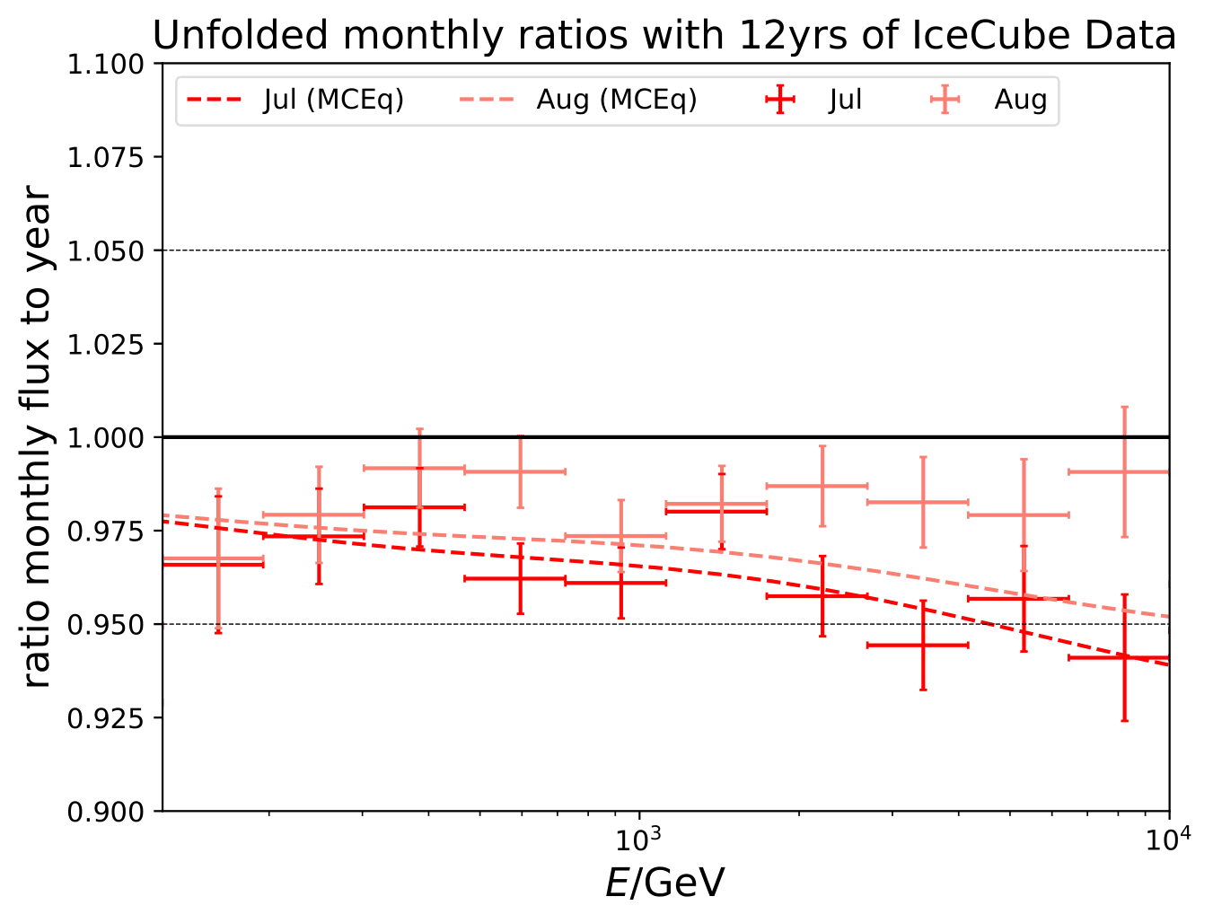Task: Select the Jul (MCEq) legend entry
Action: click(x=295, y=100)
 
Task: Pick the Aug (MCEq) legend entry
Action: click(x=579, y=100)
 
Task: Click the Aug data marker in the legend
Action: click(x=945, y=100)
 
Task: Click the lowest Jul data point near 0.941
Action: click(x=1124, y=657)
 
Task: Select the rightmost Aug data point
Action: click(x=1124, y=471)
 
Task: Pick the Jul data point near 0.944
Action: click(x=923, y=645)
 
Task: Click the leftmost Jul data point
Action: click(x=218, y=564)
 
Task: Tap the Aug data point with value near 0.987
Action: click(x=822, y=486)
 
